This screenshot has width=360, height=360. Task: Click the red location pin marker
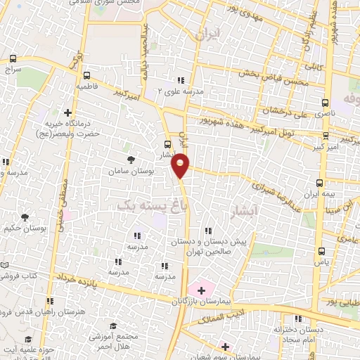(180, 165)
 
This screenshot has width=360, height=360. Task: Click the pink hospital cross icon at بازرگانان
(200, 289)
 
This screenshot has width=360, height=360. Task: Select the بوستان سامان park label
(127, 171)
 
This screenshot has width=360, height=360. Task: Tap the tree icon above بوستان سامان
(131, 160)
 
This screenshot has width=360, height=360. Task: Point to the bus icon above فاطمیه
(86, 75)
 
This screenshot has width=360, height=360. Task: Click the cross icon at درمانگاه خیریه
(68, 112)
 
